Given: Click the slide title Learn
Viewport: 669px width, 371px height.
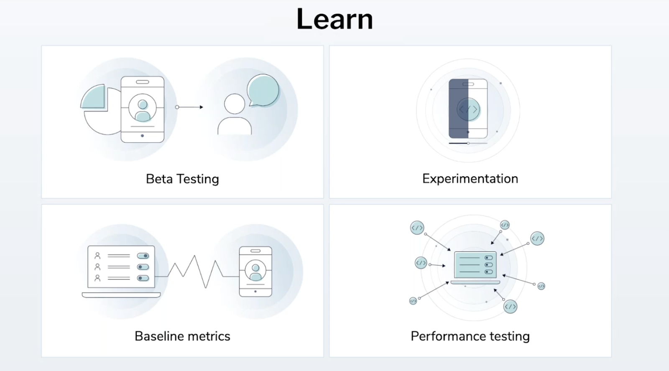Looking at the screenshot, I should tap(334, 19).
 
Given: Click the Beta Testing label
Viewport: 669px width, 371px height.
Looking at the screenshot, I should tap(182, 179).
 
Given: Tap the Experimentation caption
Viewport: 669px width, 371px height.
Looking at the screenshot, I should tap(470, 179).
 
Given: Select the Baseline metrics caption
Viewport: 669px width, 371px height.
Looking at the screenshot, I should tap(182, 336).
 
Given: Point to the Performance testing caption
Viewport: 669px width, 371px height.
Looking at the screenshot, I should tap(470, 336).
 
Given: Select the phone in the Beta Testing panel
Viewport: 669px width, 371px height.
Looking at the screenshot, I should tap(143, 109).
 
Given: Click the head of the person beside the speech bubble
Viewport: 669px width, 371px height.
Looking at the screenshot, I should tap(234, 104).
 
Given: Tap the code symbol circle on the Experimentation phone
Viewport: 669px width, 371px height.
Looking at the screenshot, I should tap(468, 109).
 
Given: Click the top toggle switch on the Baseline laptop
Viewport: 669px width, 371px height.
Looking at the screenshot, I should tap(143, 256).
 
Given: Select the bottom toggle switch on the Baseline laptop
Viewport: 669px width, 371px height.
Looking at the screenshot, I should tap(143, 278).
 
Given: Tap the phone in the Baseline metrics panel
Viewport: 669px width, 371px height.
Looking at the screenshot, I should tap(255, 271).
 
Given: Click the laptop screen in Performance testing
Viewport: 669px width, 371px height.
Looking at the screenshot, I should tap(475, 265).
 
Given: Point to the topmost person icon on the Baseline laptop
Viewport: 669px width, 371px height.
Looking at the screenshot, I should tap(97, 255).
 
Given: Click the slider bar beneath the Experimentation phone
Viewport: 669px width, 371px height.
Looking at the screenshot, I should tap(468, 143).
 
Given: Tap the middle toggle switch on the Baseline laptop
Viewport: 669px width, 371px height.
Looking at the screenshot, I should tap(143, 267).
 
